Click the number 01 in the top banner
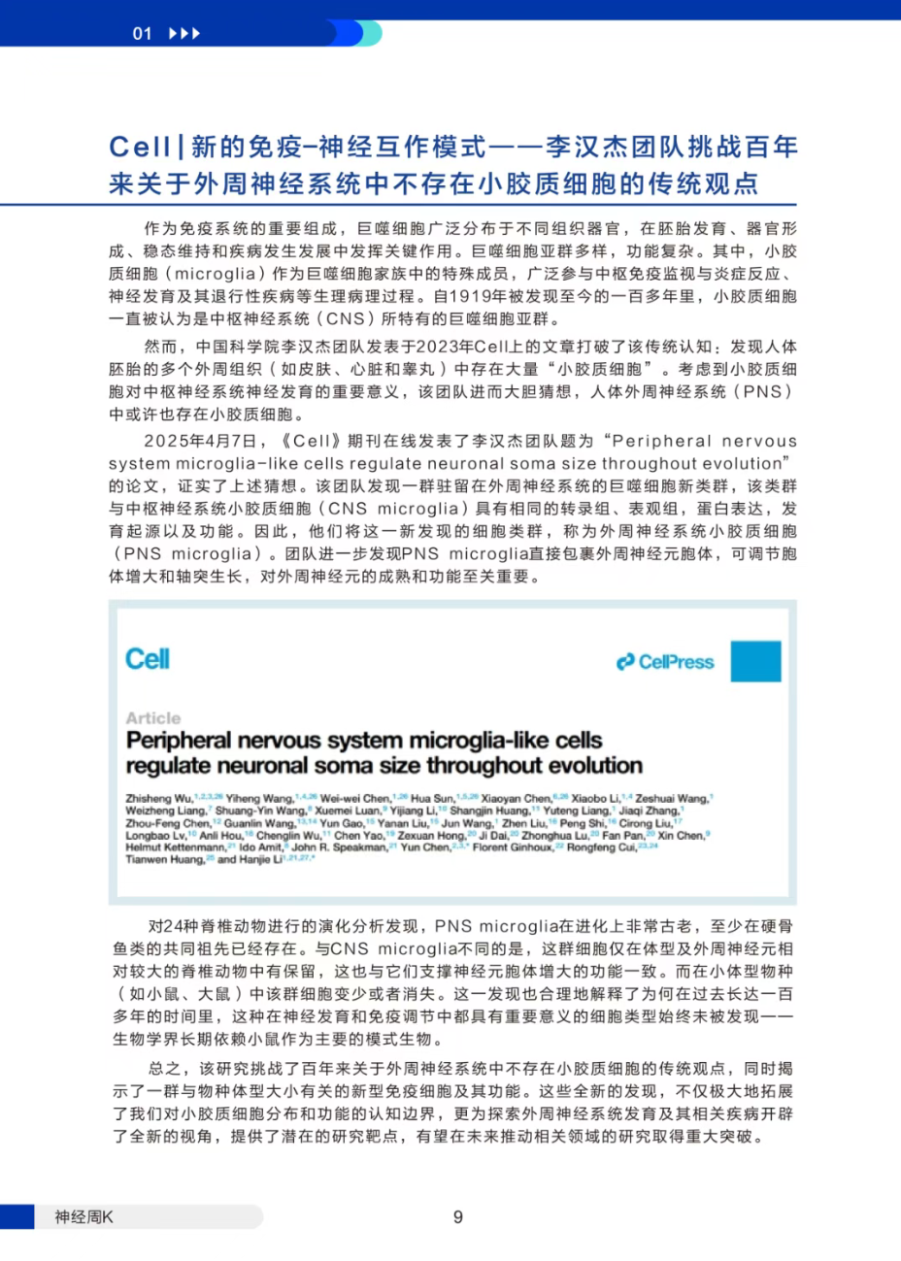pos(143,34)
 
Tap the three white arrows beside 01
pos(184,34)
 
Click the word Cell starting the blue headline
pos(140,147)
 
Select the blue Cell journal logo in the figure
pos(148,659)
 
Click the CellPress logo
pos(666,662)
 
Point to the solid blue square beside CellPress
pos(755,661)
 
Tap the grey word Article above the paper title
pos(153,718)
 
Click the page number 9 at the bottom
pos(457,1217)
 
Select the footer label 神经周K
pos(83,1217)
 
